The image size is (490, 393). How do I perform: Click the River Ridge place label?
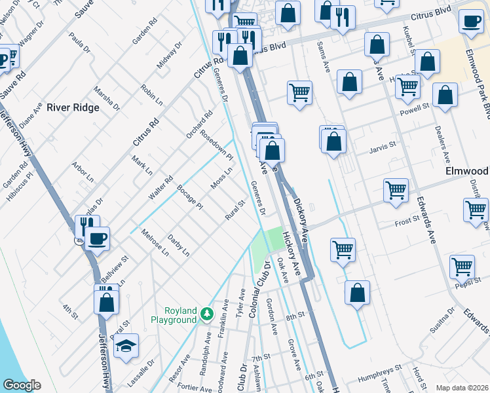click(x=73, y=107)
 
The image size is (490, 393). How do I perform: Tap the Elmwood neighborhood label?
click(x=466, y=170)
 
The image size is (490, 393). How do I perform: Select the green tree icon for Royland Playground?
click(x=207, y=314)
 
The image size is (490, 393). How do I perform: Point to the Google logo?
click(x=21, y=385)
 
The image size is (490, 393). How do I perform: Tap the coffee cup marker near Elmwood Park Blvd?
click(x=471, y=21)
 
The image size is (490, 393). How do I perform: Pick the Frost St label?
click(x=406, y=221)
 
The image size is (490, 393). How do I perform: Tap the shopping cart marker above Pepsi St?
click(x=462, y=267)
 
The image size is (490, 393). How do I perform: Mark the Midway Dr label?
click(x=168, y=56)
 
